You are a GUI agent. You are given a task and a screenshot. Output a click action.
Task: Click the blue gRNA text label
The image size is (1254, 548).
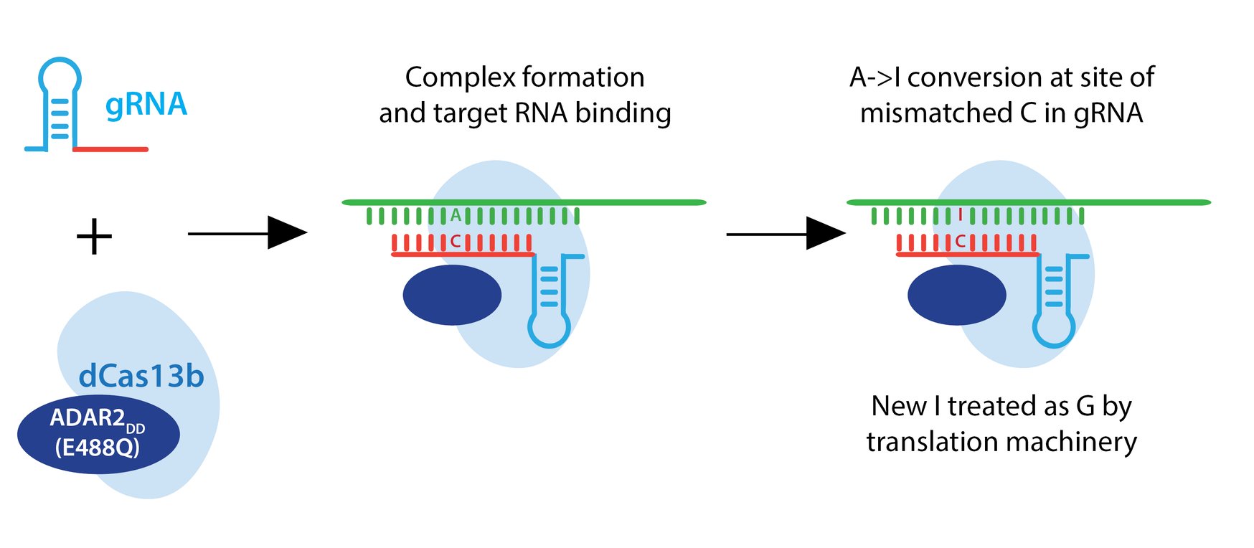(x=146, y=105)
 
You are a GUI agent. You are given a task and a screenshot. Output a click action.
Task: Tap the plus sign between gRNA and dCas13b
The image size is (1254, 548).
(x=94, y=237)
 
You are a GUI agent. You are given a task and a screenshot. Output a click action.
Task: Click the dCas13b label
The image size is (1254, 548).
(x=141, y=376)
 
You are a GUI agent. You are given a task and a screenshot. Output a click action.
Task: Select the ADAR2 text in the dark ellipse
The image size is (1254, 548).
(x=88, y=417)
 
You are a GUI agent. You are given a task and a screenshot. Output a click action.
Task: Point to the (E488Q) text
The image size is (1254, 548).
(x=97, y=448)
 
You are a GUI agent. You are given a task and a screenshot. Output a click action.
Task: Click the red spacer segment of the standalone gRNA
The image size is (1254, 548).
(x=110, y=149)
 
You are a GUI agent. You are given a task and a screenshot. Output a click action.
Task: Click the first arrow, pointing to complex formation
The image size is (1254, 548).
(x=247, y=233)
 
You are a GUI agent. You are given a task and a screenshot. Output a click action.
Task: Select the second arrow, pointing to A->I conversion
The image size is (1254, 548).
(x=786, y=234)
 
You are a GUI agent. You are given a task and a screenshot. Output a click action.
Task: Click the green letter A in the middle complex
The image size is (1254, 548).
(x=456, y=214)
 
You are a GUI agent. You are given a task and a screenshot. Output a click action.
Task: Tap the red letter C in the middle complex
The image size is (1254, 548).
(x=455, y=242)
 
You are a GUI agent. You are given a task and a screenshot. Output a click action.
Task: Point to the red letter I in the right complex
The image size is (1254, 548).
(x=960, y=214)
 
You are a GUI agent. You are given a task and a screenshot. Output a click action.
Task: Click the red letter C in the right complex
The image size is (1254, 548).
(x=960, y=242)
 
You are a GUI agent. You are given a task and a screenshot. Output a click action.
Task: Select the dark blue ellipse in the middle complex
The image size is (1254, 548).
(x=452, y=295)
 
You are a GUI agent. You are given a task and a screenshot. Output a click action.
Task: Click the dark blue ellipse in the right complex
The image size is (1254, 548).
(x=956, y=295)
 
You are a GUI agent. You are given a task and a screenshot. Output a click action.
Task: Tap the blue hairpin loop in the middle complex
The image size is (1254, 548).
(x=549, y=330)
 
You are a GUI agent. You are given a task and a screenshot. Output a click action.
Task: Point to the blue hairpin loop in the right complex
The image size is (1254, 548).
(x=1053, y=330)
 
